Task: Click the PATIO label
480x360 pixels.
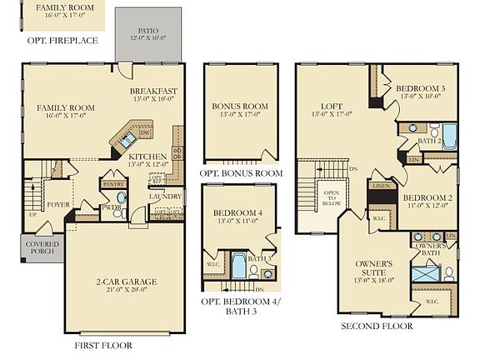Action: tap(148, 31)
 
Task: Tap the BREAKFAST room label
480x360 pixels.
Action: tap(152, 92)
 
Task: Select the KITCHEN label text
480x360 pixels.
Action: tap(147, 156)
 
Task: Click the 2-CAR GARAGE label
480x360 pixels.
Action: tap(127, 282)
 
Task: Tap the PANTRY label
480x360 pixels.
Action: tap(112, 184)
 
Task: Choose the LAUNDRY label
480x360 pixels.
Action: tap(165, 197)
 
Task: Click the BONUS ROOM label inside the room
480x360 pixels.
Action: tap(239, 107)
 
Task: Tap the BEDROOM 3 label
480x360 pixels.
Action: tap(420, 88)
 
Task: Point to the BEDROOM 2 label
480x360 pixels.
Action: tap(427, 197)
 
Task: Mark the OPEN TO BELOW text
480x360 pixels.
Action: tap(330, 197)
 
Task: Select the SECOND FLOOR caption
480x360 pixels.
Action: tap(377, 326)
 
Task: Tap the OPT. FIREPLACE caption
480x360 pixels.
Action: tap(62, 40)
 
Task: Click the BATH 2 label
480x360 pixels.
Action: tap(429, 141)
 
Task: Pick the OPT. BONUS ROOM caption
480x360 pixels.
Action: tap(241, 173)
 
